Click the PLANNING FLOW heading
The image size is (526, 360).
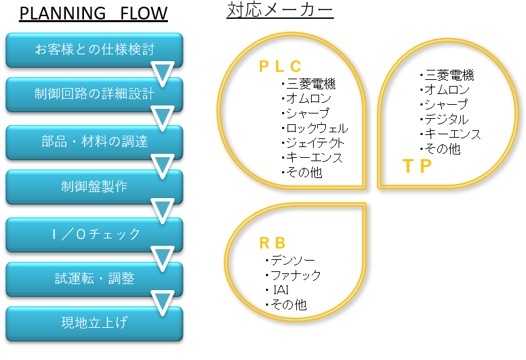pos(93,13)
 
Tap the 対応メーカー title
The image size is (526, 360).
pos(280,10)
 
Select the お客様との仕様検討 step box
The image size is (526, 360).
pos(94,50)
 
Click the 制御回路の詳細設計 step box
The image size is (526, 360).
pos(94,94)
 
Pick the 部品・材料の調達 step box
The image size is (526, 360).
pos(94,142)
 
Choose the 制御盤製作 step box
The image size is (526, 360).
pos(94,187)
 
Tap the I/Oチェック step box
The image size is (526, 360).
pos(94,234)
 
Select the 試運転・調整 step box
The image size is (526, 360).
pos(94,279)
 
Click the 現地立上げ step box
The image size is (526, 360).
pos(94,324)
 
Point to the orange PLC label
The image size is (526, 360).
pos(280,66)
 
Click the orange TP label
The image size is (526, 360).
pos(417,166)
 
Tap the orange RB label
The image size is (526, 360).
pos(272,243)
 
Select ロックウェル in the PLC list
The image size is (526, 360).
pos(317,128)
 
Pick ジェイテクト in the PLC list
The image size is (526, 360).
pos(315,143)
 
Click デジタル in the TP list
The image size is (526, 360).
pos(447,119)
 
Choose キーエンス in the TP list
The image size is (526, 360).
pos(453,134)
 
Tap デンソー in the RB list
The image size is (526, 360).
pos(293,260)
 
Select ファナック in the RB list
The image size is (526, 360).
pos(296,275)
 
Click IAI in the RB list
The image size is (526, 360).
pos(281,290)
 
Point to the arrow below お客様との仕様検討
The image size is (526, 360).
pos(163,73)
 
